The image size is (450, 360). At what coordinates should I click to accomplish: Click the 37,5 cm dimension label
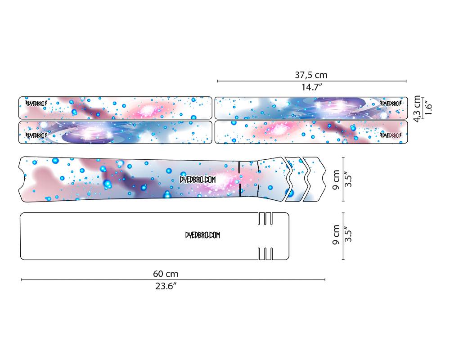(x=311, y=75)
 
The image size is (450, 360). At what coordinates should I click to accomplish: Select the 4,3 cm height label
(x=417, y=108)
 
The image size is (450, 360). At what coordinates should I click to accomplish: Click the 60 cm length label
(x=166, y=274)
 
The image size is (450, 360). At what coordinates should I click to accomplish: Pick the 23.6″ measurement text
(x=166, y=286)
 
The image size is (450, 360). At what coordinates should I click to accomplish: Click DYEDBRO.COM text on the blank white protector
(x=202, y=235)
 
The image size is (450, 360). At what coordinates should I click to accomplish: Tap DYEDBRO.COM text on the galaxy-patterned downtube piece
(x=198, y=180)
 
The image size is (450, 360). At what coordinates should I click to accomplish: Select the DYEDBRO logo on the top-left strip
(x=36, y=103)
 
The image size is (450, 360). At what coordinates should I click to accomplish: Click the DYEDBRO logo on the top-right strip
(x=391, y=103)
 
